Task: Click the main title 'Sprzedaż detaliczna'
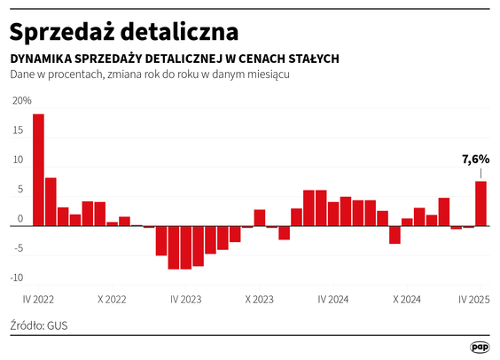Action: [x=124, y=31]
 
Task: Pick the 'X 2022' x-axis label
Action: [x=113, y=300]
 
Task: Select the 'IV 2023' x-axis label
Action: [x=186, y=300]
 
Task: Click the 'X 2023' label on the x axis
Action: [x=260, y=300]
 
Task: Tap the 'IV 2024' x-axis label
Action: [x=332, y=300]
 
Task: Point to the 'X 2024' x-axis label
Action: [x=406, y=300]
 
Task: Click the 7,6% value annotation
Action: [x=475, y=160]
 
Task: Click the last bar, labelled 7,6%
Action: [x=480, y=204]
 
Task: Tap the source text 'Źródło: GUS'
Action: [x=39, y=325]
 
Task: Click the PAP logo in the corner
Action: [x=480, y=348]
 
